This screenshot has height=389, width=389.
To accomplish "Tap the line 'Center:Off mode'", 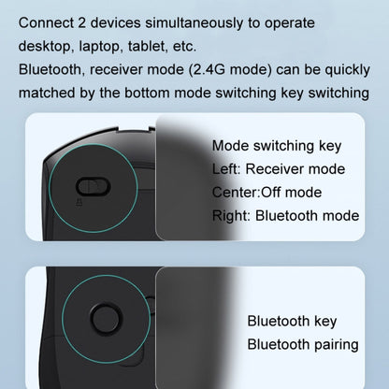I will tap(267, 192).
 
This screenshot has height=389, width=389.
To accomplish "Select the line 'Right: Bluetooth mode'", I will tap(285, 215).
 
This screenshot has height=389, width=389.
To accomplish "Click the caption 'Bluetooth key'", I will tap(290, 321).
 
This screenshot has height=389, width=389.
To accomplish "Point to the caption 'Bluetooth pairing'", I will tap(302, 344).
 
